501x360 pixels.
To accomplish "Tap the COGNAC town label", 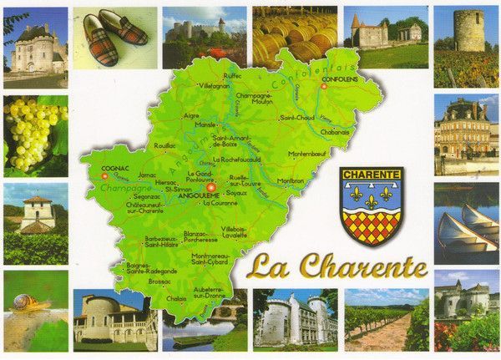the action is pyautogui.click(x=114, y=168).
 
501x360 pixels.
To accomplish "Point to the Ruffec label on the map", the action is pyautogui.click(x=233, y=75).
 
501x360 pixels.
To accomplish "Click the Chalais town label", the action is pyautogui.click(x=176, y=297).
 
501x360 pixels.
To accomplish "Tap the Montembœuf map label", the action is pyautogui.click(x=306, y=154).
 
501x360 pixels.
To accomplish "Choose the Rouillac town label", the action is pyautogui.click(x=165, y=145).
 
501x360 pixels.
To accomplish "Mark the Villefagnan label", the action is pyautogui.click(x=215, y=85).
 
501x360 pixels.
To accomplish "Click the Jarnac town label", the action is pyautogui.click(x=147, y=175).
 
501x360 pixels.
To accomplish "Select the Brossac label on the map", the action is pyautogui.click(x=159, y=281).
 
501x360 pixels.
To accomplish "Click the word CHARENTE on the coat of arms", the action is pyautogui.click(x=372, y=175).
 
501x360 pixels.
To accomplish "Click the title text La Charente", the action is pyautogui.click(x=337, y=266).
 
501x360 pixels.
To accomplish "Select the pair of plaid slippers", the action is pyautogui.click(x=115, y=38).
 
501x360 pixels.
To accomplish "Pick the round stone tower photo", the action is pyautogui.click(x=468, y=31).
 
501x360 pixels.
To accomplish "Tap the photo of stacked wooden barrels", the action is pyautogui.click(x=295, y=38).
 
